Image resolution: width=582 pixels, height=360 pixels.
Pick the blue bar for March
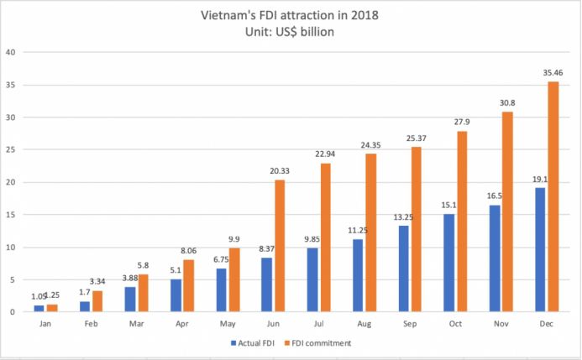[130, 299]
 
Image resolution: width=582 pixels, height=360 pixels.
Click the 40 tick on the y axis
[13, 52]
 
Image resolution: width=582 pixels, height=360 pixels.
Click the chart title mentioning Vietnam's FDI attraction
[290, 14]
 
